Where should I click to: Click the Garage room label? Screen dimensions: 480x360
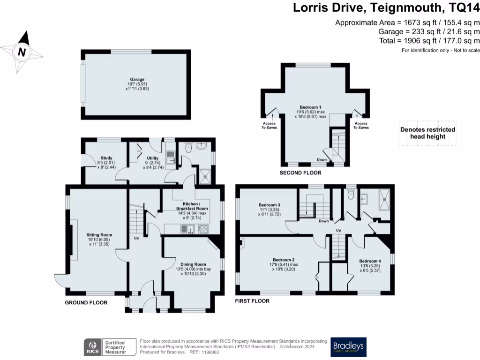pyautogui.click(x=137, y=79)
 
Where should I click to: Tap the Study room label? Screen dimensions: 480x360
pyautogui.click(x=106, y=158)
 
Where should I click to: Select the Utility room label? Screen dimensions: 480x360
pyautogui.click(x=153, y=158)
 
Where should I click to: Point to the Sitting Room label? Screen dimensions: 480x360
pyautogui.click(x=99, y=235)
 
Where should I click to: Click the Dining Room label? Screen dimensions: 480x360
pyautogui.click(x=193, y=264)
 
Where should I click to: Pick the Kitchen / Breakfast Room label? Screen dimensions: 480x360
pyautogui.click(x=192, y=206)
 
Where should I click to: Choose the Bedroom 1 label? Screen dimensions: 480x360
pyautogui.click(x=310, y=107)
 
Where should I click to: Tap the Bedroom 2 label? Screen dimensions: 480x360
pyautogui.click(x=284, y=260)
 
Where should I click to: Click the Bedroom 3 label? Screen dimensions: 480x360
pyautogui.click(x=270, y=205)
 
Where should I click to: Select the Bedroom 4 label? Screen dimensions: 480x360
pyautogui.click(x=370, y=261)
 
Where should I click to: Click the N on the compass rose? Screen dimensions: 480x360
pyautogui.click(x=22, y=52)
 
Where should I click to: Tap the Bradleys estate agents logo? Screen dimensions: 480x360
pyautogui.click(x=348, y=347)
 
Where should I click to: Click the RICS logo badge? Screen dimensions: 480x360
pyautogui.click(x=110, y=347)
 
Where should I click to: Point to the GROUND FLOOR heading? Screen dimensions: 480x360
pyautogui.click(x=86, y=302)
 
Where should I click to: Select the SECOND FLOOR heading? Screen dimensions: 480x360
pyautogui.click(x=300, y=172)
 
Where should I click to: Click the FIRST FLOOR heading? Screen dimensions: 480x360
pyautogui.click(x=252, y=301)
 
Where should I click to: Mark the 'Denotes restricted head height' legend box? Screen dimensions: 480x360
pyautogui.click(x=427, y=133)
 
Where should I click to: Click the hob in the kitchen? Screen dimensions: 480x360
pyautogui.click(x=203, y=229)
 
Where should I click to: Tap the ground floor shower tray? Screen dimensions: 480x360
pyautogui.click(x=205, y=176)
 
